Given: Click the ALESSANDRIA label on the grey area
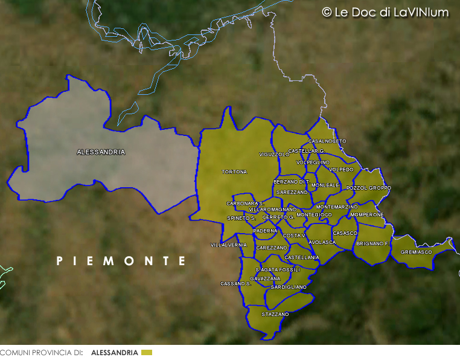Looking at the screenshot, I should click(x=101, y=152).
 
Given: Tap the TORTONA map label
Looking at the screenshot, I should click(x=235, y=172).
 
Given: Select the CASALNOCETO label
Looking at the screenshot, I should click(x=327, y=141).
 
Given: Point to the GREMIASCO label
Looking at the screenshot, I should click(x=417, y=252).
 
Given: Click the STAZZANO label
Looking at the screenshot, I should click(x=275, y=314).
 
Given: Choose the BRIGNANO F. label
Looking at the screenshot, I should click(x=372, y=243).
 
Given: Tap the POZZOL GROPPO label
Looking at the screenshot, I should click(x=369, y=188).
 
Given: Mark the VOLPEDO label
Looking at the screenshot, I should click(x=341, y=170).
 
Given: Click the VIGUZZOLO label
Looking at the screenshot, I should click(x=275, y=155).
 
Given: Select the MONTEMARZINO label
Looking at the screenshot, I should click(x=337, y=207).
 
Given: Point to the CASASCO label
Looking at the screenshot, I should click(x=345, y=233).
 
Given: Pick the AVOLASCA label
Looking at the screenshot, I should click(x=322, y=242).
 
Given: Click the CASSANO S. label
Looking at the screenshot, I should click(x=235, y=283).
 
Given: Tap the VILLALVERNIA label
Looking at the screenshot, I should click(x=229, y=245).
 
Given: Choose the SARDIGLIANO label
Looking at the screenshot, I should click(x=289, y=287).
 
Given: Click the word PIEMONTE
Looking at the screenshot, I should click(x=121, y=261).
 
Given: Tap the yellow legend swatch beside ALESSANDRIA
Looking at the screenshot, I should click(x=147, y=352).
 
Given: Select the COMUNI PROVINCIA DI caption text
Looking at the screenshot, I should click(x=41, y=352).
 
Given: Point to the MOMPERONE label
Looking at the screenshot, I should click(x=367, y=214).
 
